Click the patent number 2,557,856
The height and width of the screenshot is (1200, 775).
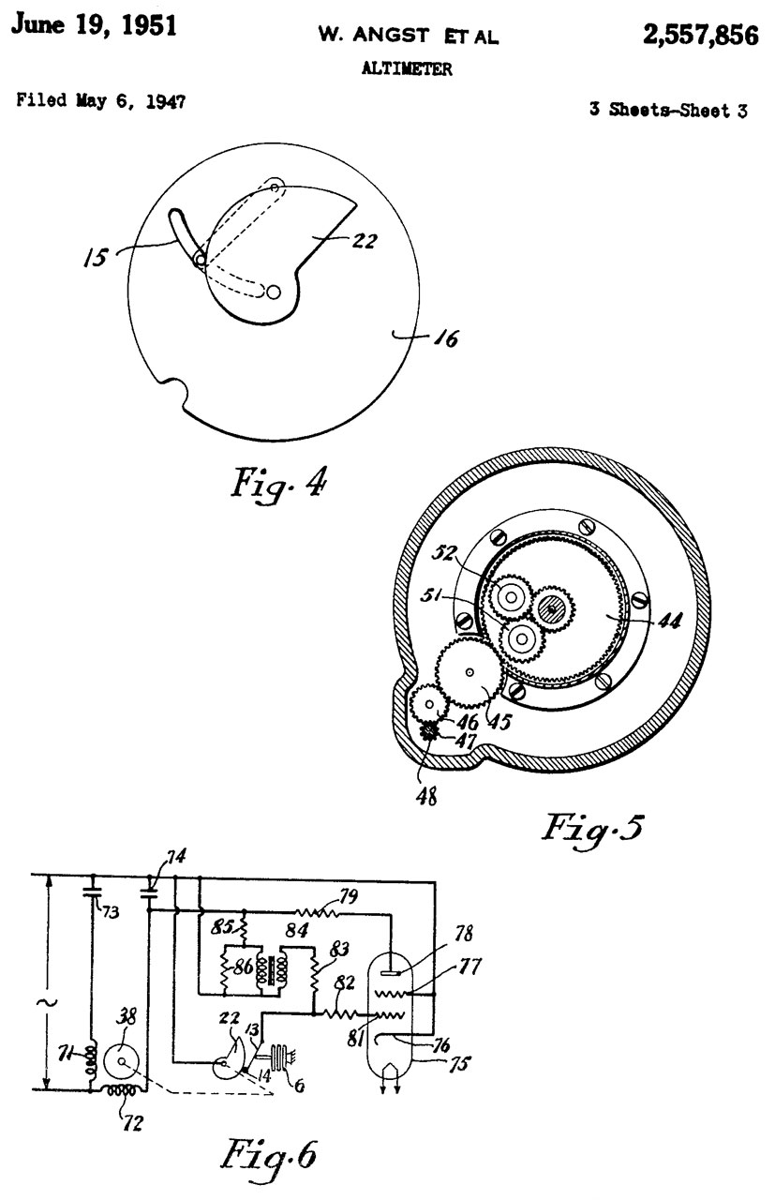[x=700, y=36]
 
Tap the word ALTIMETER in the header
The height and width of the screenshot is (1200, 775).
[x=407, y=68]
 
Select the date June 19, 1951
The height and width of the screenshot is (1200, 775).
[x=95, y=24]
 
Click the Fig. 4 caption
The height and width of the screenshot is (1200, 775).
[x=278, y=483]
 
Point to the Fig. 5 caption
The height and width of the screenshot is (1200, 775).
[x=592, y=828]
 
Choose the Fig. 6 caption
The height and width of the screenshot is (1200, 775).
[x=269, y=1153]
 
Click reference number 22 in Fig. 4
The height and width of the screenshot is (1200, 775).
[x=365, y=241]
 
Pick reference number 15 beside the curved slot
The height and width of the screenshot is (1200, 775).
[x=96, y=258]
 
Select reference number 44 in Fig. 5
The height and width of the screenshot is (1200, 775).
[x=670, y=620]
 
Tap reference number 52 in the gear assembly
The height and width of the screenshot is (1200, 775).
[x=443, y=552]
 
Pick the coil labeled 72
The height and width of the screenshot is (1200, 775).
[x=124, y=1089]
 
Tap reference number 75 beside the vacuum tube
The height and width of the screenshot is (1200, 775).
[x=459, y=1063]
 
